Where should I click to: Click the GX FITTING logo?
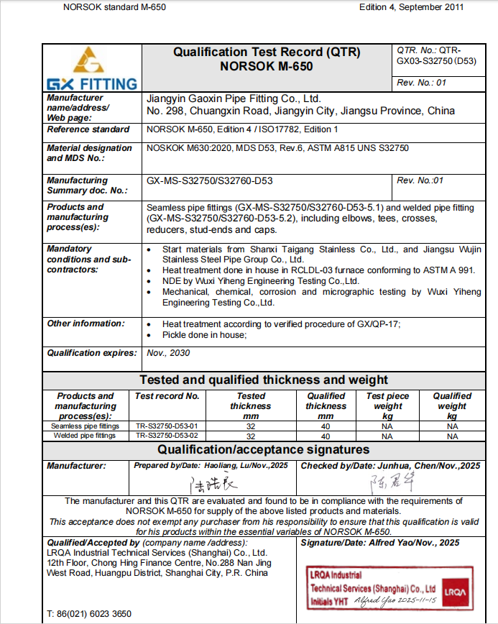pos(91,68)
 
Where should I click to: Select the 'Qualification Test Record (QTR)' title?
pos(267,52)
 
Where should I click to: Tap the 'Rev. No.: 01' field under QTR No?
pos(422,83)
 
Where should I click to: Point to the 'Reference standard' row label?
pos(88,129)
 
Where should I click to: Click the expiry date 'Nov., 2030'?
pos(167,353)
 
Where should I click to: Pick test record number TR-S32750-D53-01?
pos(167,426)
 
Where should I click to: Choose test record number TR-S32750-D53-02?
pos(167,436)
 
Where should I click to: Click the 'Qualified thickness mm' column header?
pos(326,405)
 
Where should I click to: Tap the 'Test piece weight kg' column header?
pos(387,405)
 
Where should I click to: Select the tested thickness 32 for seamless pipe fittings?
pos(251,426)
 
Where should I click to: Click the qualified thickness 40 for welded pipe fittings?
pos(326,436)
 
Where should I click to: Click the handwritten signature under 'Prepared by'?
pos(213,483)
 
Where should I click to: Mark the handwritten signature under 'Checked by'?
pos(389,482)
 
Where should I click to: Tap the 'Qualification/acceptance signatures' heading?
pos(264,450)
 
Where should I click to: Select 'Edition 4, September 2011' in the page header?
pos(411,7)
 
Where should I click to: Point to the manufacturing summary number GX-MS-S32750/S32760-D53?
pos(209,181)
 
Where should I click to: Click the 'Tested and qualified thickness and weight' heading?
pos(264,380)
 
